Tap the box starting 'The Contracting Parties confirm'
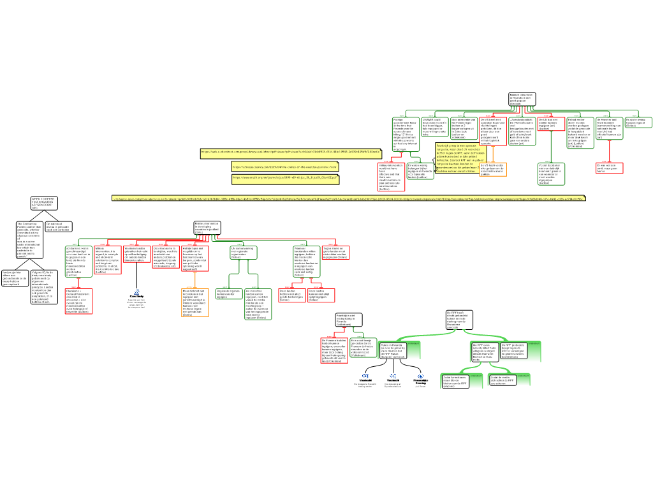click(30, 240)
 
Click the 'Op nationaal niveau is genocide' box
click(59, 226)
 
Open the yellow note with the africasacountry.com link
click(284, 167)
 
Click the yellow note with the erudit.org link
click(284, 179)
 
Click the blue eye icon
click(421, 376)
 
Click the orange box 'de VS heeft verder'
click(493, 169)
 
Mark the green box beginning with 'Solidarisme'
click(78, 260)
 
